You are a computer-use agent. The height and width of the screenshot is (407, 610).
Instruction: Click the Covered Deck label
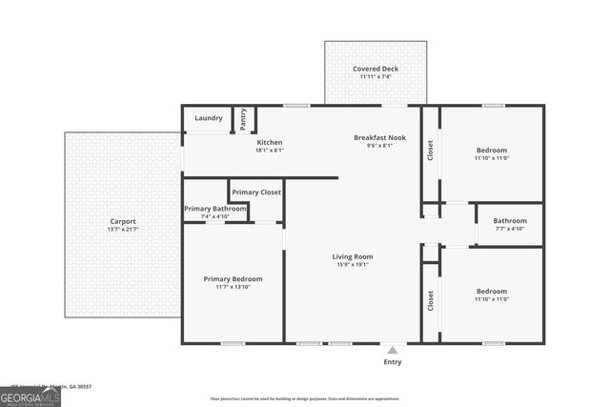[x=376, y=69]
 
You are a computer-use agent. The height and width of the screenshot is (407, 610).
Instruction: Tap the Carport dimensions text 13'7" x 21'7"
[x=123, y=230]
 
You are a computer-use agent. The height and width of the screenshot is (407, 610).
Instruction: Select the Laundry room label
[x=209, y=118]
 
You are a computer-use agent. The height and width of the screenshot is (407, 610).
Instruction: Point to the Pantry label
[x=243, y=118]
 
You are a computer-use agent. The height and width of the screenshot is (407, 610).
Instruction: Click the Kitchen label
[x=269, y=141]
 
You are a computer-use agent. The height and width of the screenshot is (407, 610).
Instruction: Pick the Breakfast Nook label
[x=379, y=137]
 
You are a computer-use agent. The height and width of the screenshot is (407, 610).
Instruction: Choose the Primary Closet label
[x=256, y=192]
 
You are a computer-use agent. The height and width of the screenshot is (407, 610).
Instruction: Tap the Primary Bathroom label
[x=216, y=209]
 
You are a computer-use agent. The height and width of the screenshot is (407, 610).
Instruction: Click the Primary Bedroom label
[x=233, y=278]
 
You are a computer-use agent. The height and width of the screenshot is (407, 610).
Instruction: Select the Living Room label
[x=352, y=256]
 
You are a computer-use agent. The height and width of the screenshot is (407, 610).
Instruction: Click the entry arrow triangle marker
[x=392, y=350]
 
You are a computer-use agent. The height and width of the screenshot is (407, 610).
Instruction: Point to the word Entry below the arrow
[x=392, y=362]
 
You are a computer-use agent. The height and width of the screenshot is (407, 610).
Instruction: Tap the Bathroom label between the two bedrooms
[x=510, y=220]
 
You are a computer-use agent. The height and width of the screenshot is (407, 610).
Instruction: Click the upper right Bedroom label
[x=491, y=150]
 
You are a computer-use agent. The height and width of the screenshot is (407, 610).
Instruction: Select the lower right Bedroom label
[x=491, y=291]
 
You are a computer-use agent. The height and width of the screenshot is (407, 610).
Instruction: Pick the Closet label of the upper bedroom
[x=431, y=150]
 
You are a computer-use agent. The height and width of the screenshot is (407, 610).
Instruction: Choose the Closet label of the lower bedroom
[x=431, y=301]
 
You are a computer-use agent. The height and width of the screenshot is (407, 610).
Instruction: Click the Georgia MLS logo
[x=30, y=396]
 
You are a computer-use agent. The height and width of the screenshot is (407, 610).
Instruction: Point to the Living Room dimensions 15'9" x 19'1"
[x=352, y=265]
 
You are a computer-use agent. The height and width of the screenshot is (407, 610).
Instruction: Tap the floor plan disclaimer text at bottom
[x=304, y=398]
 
